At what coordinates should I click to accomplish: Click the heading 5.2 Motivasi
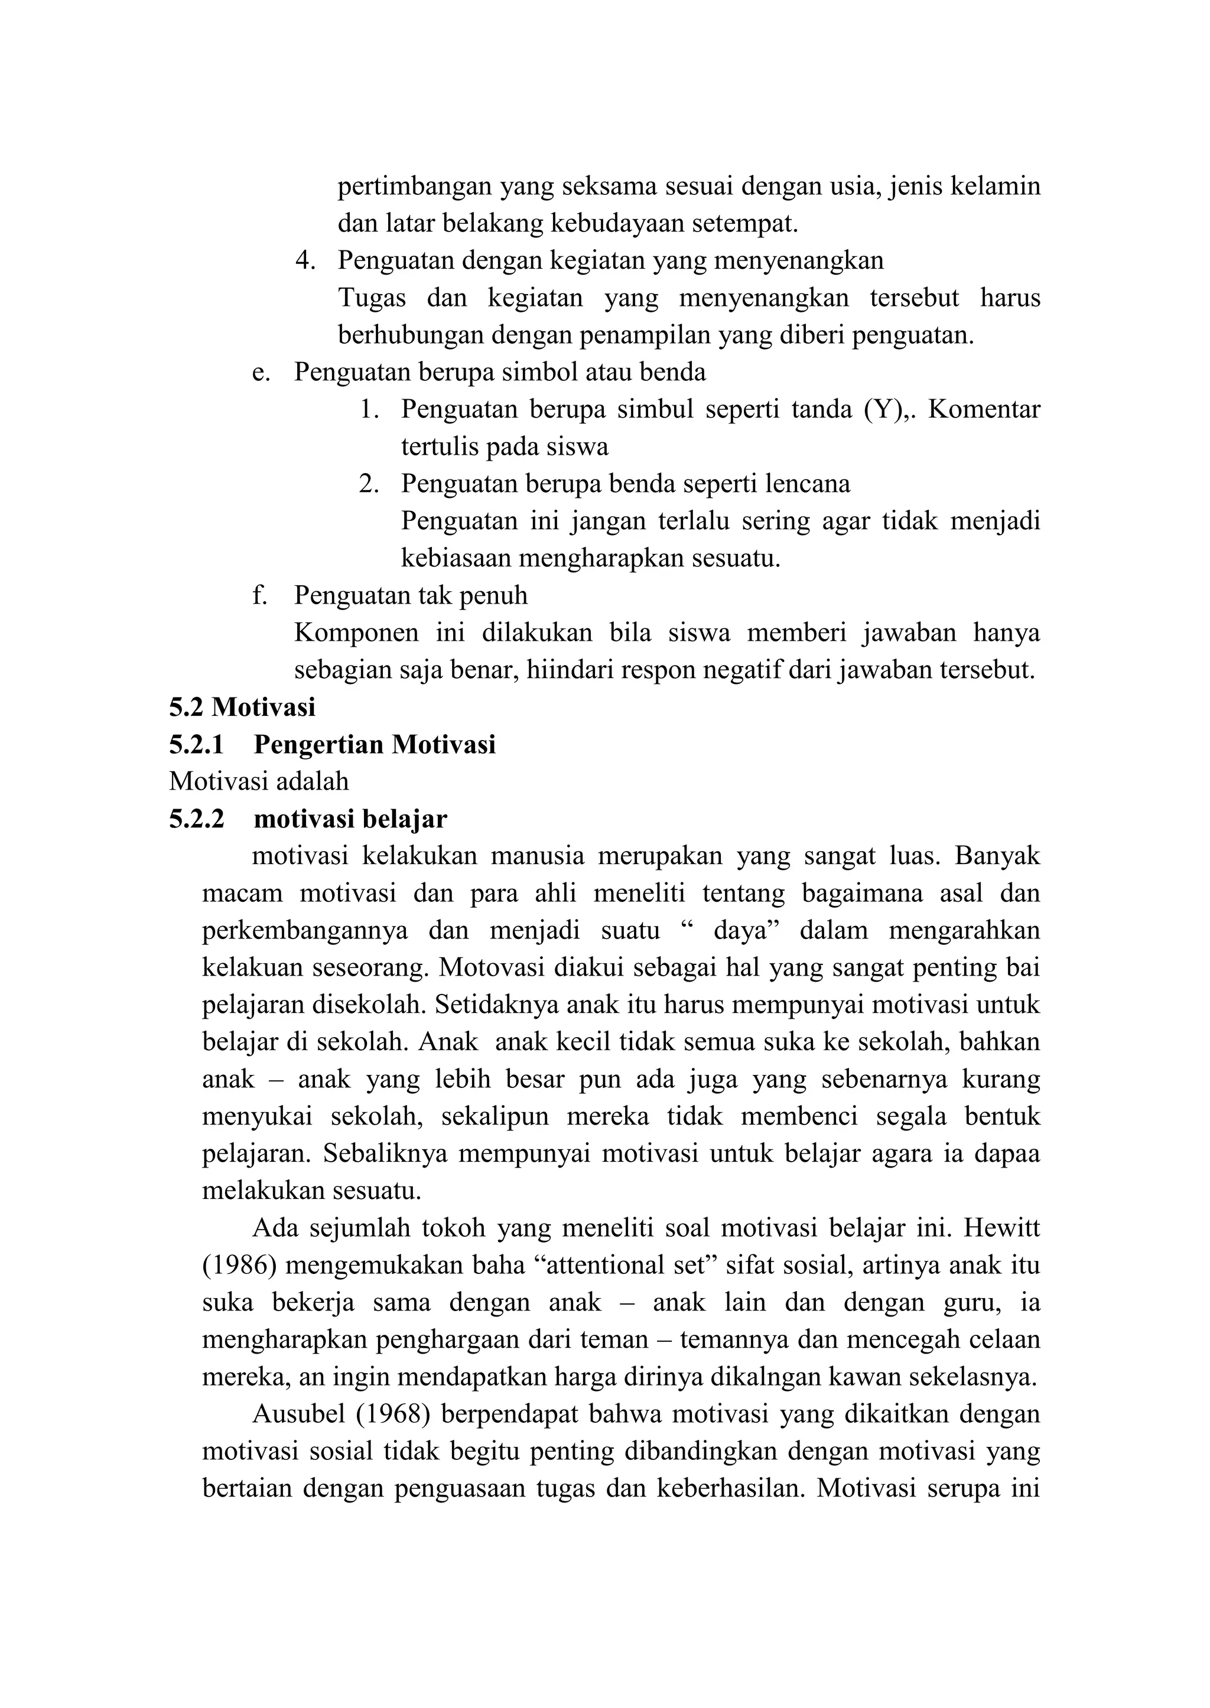242,707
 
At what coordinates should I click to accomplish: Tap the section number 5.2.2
197,819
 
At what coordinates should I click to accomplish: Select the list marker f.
259,595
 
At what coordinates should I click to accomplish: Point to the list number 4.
305,260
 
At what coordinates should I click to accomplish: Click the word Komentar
984,409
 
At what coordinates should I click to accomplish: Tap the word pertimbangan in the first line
414,185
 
